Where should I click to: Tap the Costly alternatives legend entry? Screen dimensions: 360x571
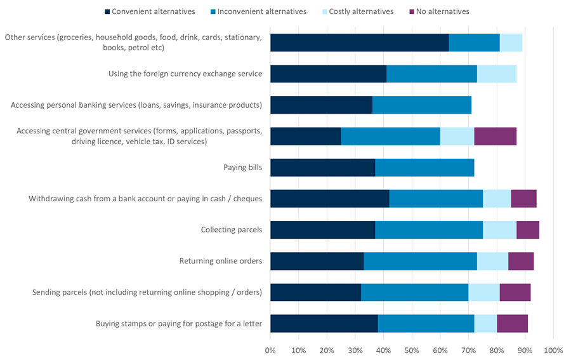(358, 11)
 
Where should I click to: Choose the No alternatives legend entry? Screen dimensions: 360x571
(440, 11)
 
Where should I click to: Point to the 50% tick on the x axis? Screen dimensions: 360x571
(412, 350)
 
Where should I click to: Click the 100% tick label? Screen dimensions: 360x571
(553, 350)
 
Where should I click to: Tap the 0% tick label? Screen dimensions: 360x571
(270, 350)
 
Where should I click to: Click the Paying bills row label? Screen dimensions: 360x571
(242, 168)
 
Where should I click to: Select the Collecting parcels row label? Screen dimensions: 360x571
(232, 230)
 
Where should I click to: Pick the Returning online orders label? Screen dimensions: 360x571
(221, 261)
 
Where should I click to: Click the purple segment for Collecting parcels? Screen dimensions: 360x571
(528, 230)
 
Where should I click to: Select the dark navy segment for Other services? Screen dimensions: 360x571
(359, 43)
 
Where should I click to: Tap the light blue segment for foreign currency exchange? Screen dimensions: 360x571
(497, 74)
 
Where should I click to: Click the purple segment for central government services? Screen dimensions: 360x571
(496, 137)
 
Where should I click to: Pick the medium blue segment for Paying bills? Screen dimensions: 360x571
(424, 168)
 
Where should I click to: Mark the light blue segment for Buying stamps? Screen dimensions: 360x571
(485, 323)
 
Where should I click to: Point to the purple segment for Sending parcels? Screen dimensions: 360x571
(515, 292)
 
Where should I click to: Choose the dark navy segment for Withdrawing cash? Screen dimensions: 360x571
(329, 199)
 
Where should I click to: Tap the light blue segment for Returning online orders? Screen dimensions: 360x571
(492, 261)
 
